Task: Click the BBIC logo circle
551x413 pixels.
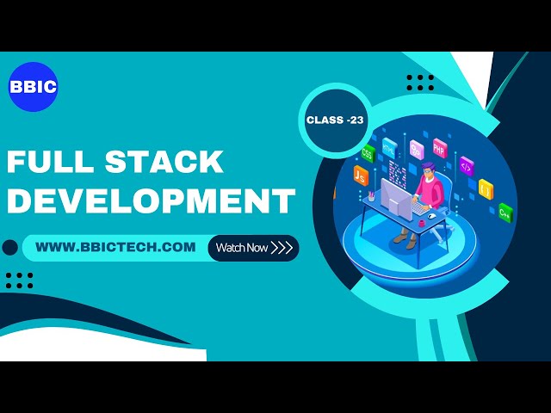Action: pos(33,87)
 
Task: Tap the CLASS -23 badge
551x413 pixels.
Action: pos(335,120)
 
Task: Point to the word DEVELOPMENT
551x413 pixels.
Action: pos(151,200)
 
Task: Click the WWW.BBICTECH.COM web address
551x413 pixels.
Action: pos(115,248)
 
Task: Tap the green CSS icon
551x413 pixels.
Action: pos(368,154)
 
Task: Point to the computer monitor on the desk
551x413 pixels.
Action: pos(395,202)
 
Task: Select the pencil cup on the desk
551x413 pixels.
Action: pos(370,198)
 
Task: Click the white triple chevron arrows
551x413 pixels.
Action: pos(282,248)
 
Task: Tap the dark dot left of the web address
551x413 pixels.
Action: pos(10,248)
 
